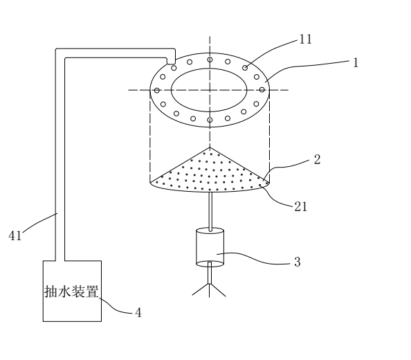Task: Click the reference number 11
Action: tap(305, 39)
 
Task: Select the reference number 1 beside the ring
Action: tap(356, 63)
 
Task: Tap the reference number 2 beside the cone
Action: tap(317, 159)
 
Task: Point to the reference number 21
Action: tap(300, 206)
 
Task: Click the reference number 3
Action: tap(297, 262)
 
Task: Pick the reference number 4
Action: tap(138, 312)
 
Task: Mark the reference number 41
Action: tap(15, 235)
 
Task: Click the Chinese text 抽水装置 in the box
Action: tap(71, 291)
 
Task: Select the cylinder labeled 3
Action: tap(210, 247)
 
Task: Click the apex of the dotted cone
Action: tap(210, 147)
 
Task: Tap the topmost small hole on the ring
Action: tap(210, 60)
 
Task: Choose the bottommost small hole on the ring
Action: tap(210, 120)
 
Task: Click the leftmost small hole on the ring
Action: tap(157, 91)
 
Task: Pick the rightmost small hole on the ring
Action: tap(262, 90)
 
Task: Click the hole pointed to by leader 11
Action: tap(245, 68)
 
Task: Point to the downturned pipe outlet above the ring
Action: tap(171, 61)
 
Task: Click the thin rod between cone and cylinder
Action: tap(210, 211)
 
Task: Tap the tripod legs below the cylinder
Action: tap(209, 290)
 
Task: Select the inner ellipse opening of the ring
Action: tap(209, 69)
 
